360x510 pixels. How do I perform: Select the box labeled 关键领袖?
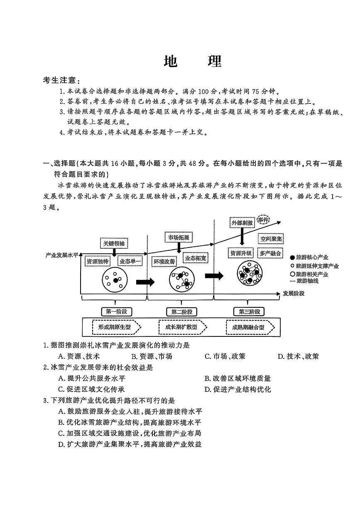(x=114, y=243)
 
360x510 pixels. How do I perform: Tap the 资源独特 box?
(x=97, y=261)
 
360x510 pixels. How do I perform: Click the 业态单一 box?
(x=130, y=261)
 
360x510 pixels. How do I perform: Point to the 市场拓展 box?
(x=179, y=237)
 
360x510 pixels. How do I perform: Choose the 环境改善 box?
(x=164, y=261)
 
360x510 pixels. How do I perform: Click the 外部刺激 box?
(x=242, y=223)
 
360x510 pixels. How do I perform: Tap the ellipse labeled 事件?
(x=263, y=219)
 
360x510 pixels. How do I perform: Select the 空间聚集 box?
(x=271, y=239)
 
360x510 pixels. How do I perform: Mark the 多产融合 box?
(x=270, y=253)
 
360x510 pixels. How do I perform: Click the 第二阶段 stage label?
(x=181, y=311)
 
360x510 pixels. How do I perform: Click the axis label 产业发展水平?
(x=62, y=255)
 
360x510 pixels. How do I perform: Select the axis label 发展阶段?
(x=294, y=293)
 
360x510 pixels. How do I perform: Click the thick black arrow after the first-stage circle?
(x=145, y=282)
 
